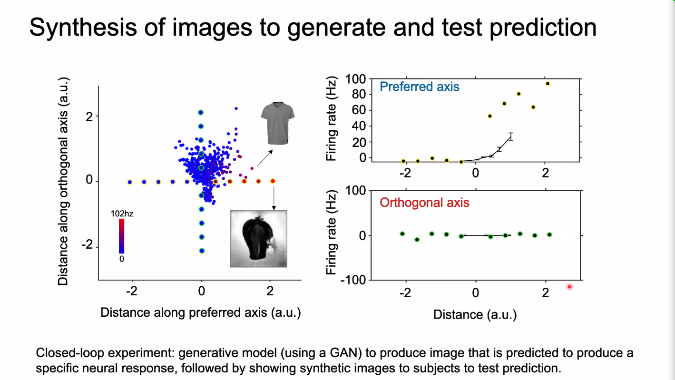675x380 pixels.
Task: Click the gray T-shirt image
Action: (x=277, y=122)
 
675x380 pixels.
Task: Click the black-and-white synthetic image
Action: (x=258, y=238)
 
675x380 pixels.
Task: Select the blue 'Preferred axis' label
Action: (x=420, y=87)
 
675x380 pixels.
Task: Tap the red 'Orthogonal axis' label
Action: (x=424, y=203)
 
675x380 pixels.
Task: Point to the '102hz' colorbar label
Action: (x=122, y=214)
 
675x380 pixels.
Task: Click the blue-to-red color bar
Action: (x=122, y=236)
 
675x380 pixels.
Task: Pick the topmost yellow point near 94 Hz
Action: (x=548, y=84)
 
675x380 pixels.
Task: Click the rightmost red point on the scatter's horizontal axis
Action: (x=273, y=181)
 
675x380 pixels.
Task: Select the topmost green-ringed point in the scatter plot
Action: (x=201, y=112)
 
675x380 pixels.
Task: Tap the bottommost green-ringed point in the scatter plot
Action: (x=201, y=251)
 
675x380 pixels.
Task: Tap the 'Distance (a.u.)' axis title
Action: (x=475, y=314)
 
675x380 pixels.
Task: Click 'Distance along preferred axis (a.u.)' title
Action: (x=200, y=312)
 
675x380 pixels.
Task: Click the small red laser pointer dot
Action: (x=569, y=286)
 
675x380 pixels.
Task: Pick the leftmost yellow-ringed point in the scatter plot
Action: (x=129, y=182)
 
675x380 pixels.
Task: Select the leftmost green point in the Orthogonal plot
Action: (x=402, y=234)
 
